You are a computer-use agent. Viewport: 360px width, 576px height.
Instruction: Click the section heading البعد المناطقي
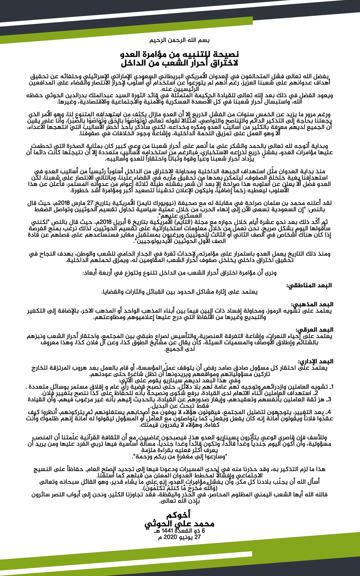pos(309,285)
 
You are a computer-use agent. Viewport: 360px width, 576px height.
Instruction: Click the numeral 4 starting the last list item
pos(331,412)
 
